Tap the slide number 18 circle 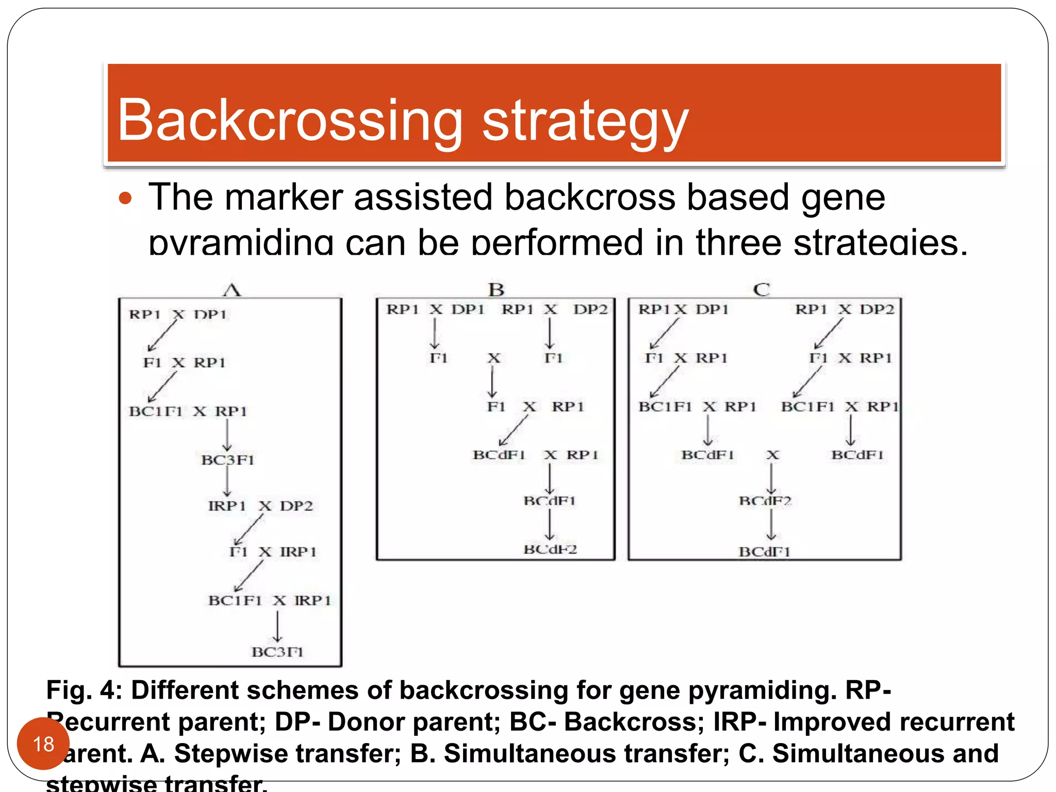pos(43,744)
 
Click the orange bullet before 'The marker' pos(125,198)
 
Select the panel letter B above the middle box pos(496,289)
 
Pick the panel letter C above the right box pos(761,289)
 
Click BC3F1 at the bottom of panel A pos(277,652)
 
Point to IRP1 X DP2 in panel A pos(260,506)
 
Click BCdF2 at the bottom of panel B pos(550,549)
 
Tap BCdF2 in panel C pos(765,501)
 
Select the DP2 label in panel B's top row pos(590,309)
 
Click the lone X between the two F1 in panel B pos(494,358)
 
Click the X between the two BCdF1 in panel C pos(772,455)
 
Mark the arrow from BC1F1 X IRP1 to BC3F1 pos(277,626)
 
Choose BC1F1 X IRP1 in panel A pos(269,600)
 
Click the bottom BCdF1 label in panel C pos(764,552)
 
